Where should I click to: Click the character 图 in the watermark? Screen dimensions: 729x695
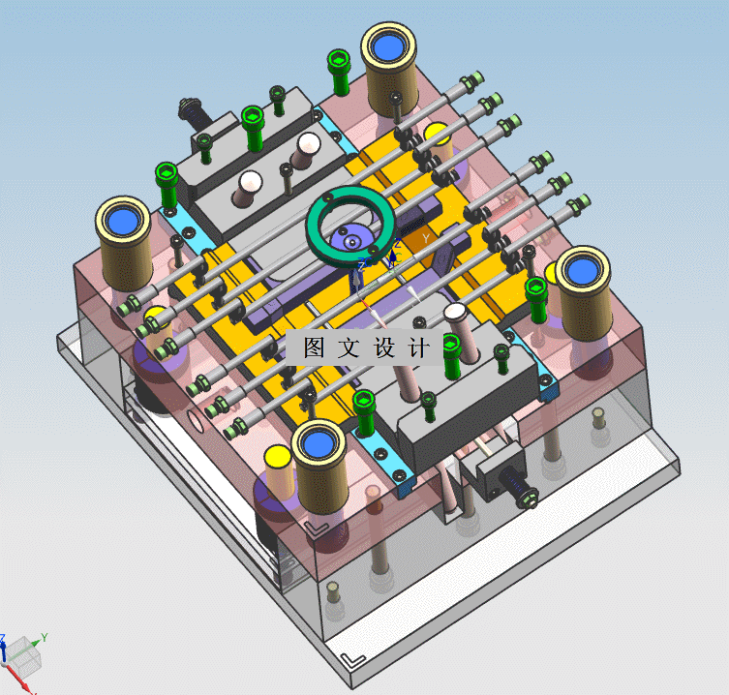315,347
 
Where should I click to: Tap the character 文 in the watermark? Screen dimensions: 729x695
349,347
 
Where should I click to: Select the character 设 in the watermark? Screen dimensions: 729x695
384,347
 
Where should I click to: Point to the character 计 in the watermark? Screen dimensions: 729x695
419,347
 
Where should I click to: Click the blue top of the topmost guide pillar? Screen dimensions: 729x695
388,47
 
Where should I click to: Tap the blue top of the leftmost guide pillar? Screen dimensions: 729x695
123,222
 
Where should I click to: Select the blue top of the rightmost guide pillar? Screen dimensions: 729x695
583,272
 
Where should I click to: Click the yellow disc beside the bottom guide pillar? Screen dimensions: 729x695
278,456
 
